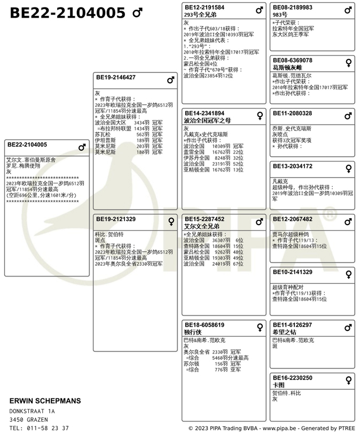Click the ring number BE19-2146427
[x=116, y=78]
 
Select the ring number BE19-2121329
[x=116, y=219]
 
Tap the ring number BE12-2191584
[x=205, y=7]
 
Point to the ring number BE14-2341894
[x=205, y=113]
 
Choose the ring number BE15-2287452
[x=205, y=219]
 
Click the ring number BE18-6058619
[x=205, y=325]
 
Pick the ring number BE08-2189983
[x=293, y=7]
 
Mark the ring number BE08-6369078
[x=293, y=60]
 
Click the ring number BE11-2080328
[x=293, y=113]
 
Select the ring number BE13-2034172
[x=293, y=166]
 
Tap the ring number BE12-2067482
[x=293, y=219]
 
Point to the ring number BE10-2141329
[x=293, y=272]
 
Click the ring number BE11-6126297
[x=293, y=325]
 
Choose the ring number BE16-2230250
[x=293, y=378]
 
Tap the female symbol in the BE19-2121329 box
[x=171, y=221]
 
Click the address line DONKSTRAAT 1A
[x=33, y=411]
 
